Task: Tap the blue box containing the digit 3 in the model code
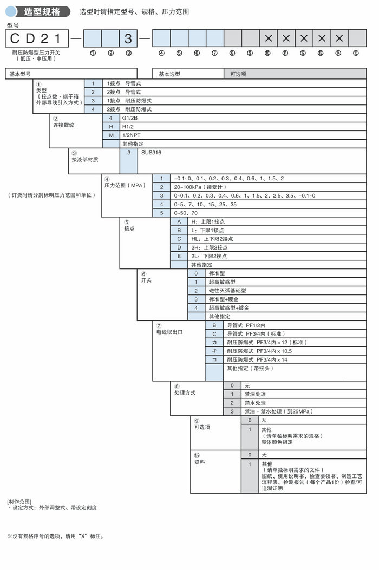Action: pos(128,38)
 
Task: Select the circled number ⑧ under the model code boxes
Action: pos(232,53)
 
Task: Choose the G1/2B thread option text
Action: pos(130,117)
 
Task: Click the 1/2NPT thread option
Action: pos(133,135)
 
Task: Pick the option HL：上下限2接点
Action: pos(212,239)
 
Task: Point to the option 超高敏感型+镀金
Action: pos(229,307)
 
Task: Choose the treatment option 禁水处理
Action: pos(255,403)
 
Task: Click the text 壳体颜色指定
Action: pos(277,442)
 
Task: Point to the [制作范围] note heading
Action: pos(19,501)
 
